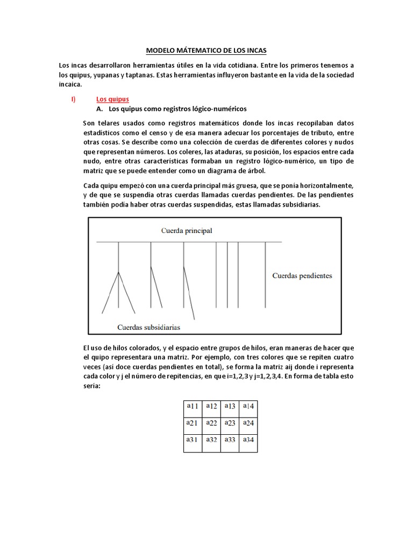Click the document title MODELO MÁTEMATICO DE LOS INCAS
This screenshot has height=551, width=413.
click(206, 51)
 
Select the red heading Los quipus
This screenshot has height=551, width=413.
click(112, 99)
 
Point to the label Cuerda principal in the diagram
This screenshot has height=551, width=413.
click(187, 231)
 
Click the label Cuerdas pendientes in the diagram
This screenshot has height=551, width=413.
click(302, 275)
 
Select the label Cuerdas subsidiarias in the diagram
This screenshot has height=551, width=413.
click(148, 327)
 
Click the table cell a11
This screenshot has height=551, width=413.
click(193, 406)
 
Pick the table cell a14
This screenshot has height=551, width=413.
click(248, 406)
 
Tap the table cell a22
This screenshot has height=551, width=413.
click(211, 423)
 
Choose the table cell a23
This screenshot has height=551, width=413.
click(230, 423)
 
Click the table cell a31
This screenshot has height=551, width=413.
click(193, 440)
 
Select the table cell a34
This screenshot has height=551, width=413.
click(248, 440)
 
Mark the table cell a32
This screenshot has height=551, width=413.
click(211, 440)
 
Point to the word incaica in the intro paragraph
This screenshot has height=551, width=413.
click(70, 84)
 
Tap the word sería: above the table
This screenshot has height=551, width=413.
click(92, 385)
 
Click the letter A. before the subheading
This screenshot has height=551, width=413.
click(99, 109)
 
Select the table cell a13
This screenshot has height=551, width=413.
click(230, 406)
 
